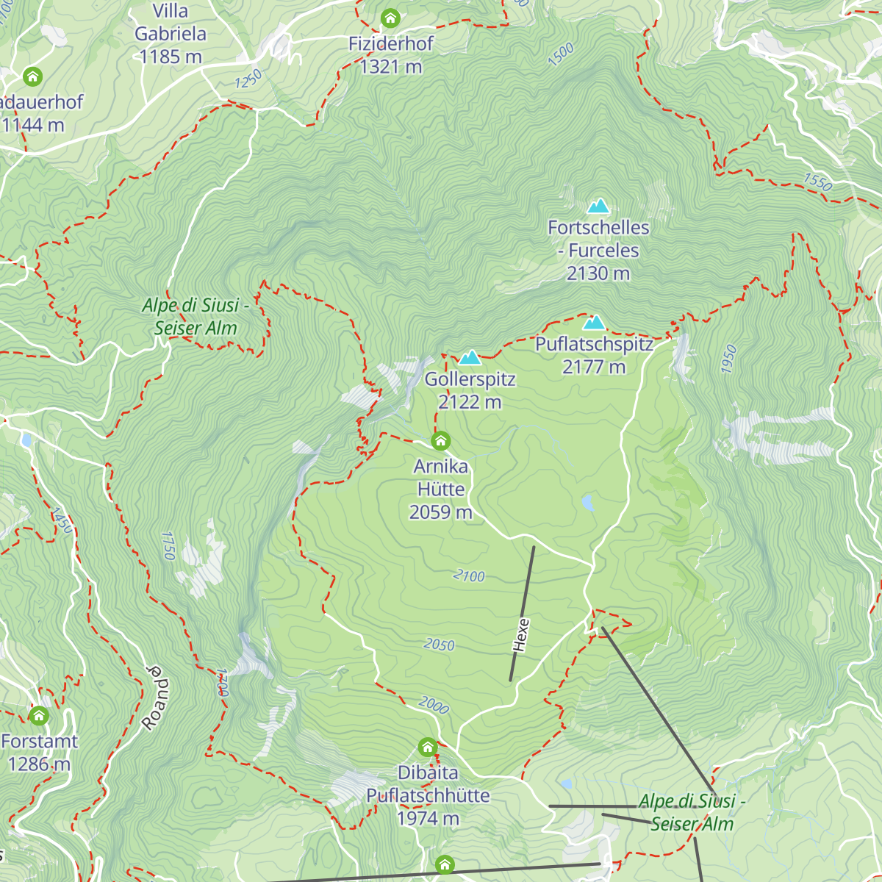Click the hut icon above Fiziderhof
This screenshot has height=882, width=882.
click(x=390, y=18)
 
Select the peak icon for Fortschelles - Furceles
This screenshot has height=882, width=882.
click(x=598, y=206)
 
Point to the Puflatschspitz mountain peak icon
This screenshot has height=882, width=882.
click(x=594, y=323)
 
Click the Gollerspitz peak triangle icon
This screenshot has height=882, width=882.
click(x=470, y=358)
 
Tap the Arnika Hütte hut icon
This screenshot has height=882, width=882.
click(x=440, y=441)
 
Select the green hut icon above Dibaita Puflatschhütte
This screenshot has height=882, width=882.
click(x=428, y=747)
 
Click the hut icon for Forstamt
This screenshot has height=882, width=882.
click(x=39, y=715)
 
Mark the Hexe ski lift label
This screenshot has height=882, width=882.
click(x=520, y=635)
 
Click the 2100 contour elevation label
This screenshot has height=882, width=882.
click(x=469, y=576)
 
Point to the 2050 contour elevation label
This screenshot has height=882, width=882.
click(x=439, y=645)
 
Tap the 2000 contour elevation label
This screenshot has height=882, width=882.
click(x=434, y=706)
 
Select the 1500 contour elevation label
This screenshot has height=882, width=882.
click(x=561, y=55)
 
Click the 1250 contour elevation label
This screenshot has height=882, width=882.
click(x=248, y=79)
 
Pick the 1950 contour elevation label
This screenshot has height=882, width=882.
click(x=728, y=359)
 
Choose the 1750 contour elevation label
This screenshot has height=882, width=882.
click(x=168, y=545)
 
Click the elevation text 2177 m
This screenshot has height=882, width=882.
click(x=594, y=367)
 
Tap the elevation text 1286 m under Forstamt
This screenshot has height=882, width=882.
click(x=39, y=764)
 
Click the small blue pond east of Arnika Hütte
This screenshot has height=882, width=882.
click(x=587, y=503)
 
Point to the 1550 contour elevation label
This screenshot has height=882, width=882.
click(x=817, y=182)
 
